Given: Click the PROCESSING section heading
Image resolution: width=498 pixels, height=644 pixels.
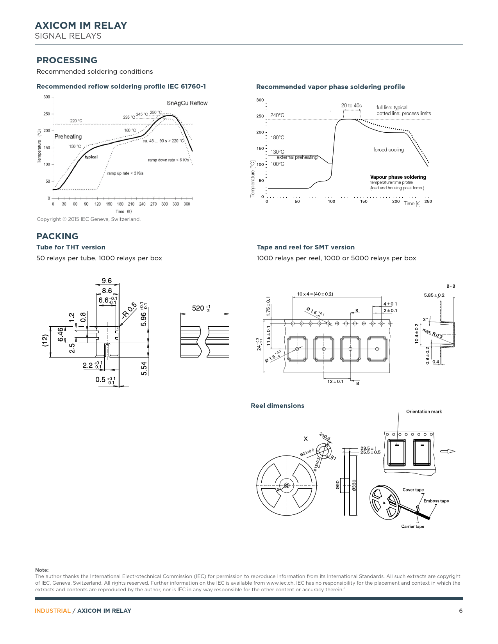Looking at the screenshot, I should click(67, 60).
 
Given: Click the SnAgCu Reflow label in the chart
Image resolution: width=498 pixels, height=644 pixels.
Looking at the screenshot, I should click(187, 103).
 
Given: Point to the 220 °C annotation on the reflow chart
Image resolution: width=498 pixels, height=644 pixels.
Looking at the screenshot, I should click(76, 121).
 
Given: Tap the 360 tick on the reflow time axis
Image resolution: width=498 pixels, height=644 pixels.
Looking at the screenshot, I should click(187, 204).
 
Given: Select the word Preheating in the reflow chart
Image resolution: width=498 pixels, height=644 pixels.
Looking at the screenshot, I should click(68, 137).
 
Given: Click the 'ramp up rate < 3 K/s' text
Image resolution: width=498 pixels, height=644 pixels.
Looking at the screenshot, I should click(125, 173).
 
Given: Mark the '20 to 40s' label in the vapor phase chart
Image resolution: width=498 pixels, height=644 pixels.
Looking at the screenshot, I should click(351, 106).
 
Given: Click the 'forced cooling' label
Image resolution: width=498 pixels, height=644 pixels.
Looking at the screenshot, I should click(388, 150).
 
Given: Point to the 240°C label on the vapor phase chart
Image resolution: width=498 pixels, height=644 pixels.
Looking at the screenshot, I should click(277, 116).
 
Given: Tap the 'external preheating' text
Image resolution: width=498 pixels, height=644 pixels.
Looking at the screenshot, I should click(297, 157).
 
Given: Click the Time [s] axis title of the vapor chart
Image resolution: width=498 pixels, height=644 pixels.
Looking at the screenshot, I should click(412, 203).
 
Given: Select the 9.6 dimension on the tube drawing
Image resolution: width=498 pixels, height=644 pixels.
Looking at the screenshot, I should click(107, 281).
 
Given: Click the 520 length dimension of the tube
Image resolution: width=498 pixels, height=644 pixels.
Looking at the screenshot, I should click(201, 308).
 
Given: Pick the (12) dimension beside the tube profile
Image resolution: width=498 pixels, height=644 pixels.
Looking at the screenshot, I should click(45, 340).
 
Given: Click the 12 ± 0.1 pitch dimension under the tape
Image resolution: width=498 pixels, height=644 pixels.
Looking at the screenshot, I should click(335, 381).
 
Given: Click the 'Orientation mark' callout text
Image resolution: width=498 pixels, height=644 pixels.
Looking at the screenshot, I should click(424, 412).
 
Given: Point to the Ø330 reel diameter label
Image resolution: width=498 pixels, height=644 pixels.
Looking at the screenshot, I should click(354, 485).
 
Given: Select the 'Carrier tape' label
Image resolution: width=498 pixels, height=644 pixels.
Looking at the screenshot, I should click(412, 527).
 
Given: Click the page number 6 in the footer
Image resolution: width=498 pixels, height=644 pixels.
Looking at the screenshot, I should click(461, 611).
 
